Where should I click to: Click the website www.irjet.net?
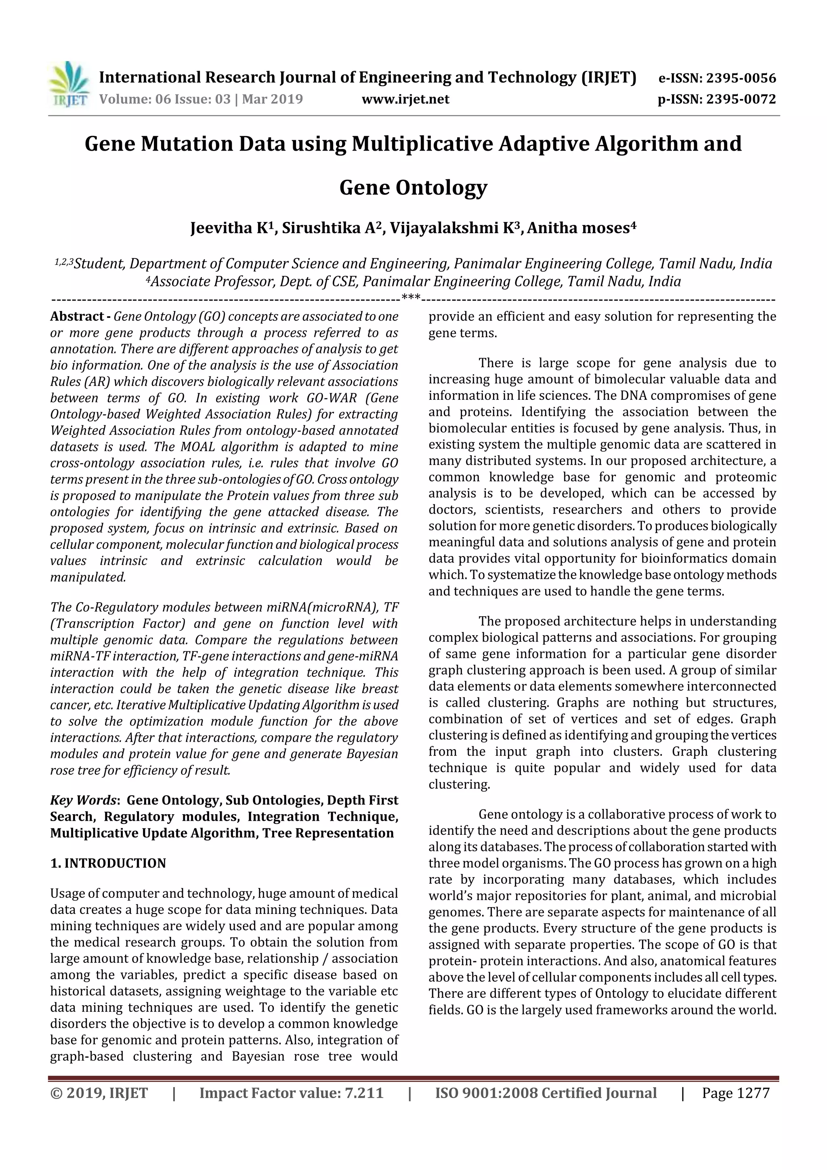click(405, 99)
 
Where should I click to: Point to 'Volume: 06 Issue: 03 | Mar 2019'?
click(201, 99)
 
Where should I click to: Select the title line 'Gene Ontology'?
click(413, 187)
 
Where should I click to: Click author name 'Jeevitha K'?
click(229, 228)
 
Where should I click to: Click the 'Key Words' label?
click(83, 800)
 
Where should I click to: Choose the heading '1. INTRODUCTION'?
click(108, 863)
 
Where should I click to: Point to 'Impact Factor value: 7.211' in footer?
click(291, 1092)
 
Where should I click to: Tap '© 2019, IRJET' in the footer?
click(99, 1092)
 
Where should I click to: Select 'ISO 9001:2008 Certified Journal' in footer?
click(546, 1092)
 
